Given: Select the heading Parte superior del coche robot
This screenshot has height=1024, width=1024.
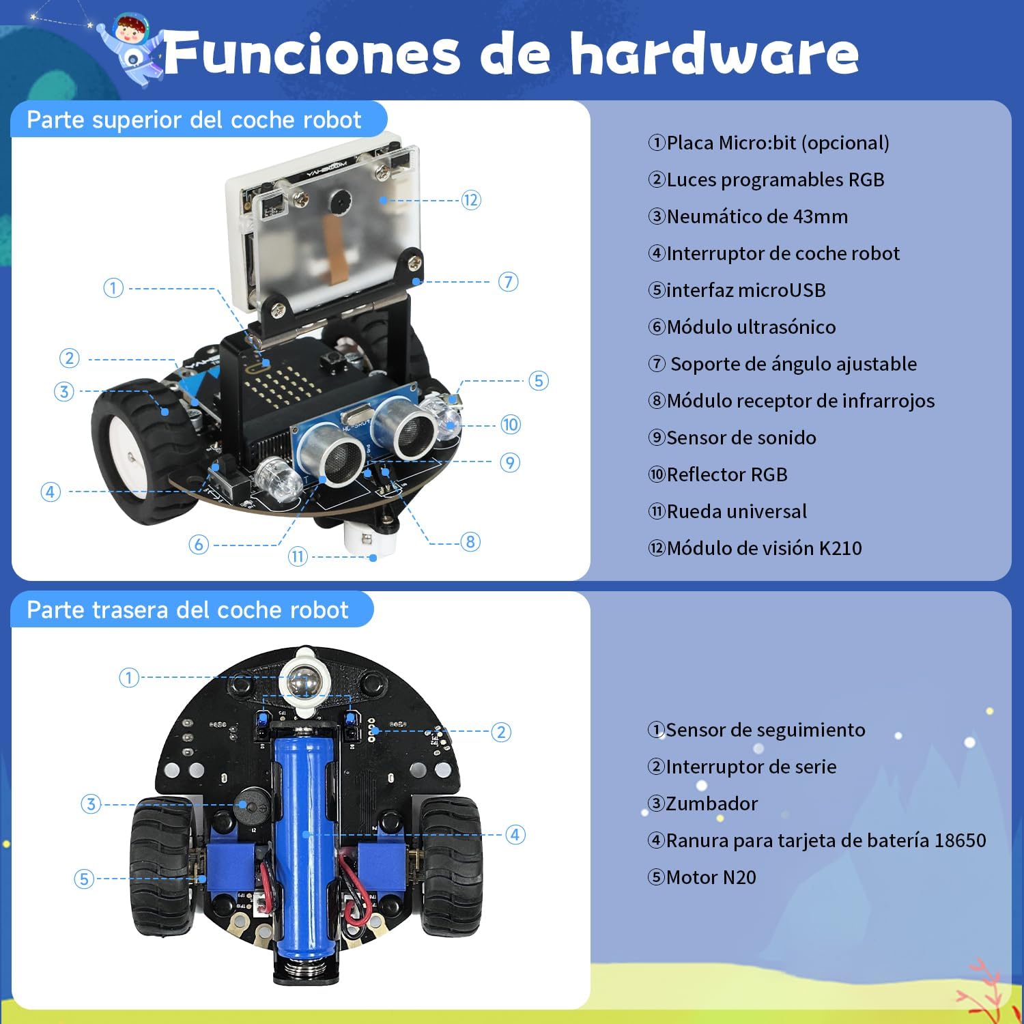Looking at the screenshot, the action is click(x=194, y=120).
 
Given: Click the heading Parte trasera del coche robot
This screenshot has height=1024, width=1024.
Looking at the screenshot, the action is click(x=187, y=610).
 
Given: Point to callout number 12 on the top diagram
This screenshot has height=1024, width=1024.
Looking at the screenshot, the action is click(x=471, y=200).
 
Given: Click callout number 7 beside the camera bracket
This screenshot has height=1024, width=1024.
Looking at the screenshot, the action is click(x=508, y=281).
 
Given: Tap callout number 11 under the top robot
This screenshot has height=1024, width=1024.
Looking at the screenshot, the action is click(x=298, y=556).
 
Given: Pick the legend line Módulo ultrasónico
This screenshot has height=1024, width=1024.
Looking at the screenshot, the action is click(x=742, y=327).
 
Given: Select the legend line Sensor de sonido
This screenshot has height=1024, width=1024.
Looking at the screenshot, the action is click(x=732, y=438).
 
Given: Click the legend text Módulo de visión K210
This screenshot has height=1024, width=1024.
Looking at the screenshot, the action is click(x=755, y=548).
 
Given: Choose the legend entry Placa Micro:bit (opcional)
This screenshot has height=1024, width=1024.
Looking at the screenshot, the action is click(x=769, y=143).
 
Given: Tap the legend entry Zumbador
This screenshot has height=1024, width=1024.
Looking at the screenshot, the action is click(x=702, y=803).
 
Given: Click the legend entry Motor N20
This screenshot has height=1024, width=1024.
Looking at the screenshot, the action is click(x=702, y=877).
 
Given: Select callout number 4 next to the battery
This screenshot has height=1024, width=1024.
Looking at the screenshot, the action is click(x=515, y=834).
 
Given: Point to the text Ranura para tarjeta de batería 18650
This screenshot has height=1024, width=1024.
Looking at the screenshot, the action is click(x=817, y=840).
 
